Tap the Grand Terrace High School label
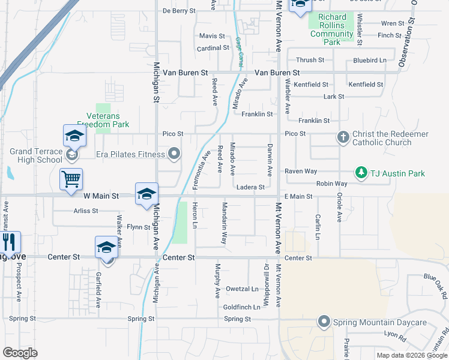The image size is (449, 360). coord(36,155)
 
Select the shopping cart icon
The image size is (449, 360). coord(71,178)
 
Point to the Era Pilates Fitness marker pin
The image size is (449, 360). coord(175,154)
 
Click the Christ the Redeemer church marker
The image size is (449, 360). coord(343,137)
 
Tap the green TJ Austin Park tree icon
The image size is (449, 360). coord(361,173)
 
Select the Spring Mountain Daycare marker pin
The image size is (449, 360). coord(325,322)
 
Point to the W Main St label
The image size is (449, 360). coord(101,196)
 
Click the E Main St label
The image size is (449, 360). coord(299,196)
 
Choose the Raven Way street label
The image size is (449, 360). coord(300,171)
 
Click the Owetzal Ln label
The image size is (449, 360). coord(241,289)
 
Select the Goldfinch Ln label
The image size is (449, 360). coord(241,307)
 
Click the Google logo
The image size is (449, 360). coord(20,353)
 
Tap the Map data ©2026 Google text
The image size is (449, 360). coord(411,355)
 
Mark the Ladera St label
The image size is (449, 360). coord(250,187)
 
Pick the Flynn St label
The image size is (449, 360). coord(138,227)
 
